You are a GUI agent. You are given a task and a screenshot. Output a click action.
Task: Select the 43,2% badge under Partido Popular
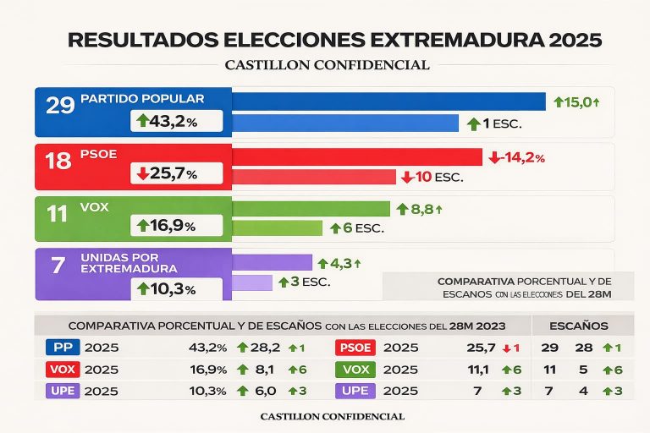pos(178,122)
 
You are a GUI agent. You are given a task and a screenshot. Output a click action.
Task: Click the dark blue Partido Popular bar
pos(388,101)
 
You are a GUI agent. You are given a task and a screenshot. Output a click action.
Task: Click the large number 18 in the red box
pos(57,161)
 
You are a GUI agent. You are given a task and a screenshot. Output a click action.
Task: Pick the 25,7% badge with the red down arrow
pos(178,174)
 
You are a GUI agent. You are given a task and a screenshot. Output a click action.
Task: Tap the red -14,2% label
pos(516,157)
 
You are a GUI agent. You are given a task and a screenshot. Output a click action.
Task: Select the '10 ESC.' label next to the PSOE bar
pos(432,177)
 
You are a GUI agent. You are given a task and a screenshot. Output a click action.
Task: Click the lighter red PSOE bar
pos(313,177)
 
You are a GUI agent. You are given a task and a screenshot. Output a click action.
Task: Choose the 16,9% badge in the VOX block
pos(178,226)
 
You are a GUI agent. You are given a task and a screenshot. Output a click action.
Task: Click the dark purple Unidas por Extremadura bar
pos(272,263)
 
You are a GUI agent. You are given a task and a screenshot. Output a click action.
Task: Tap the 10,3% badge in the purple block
pos(178,288)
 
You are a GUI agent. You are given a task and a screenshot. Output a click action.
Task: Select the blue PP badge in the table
pos(61,348)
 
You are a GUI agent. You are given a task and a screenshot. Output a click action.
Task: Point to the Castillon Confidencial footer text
pos(333,417)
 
